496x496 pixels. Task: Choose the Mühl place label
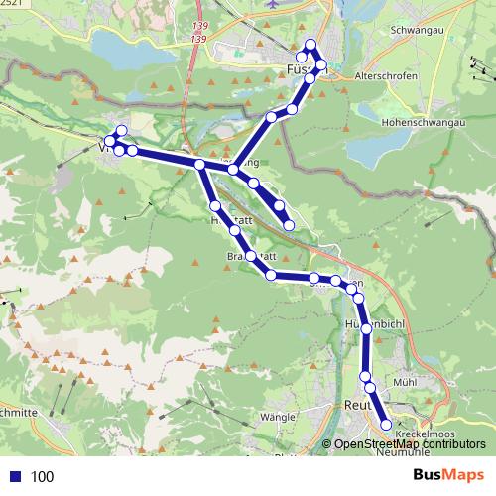pos(403,380)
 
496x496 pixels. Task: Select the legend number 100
pos(43,476)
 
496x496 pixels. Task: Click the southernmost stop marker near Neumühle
pos(387,425)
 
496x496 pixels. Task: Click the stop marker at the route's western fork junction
pos(199,165)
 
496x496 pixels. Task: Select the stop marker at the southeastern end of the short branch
pos(289,226)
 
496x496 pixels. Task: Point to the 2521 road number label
pos(10,4)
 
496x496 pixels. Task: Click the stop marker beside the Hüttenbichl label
pos(367,326)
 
